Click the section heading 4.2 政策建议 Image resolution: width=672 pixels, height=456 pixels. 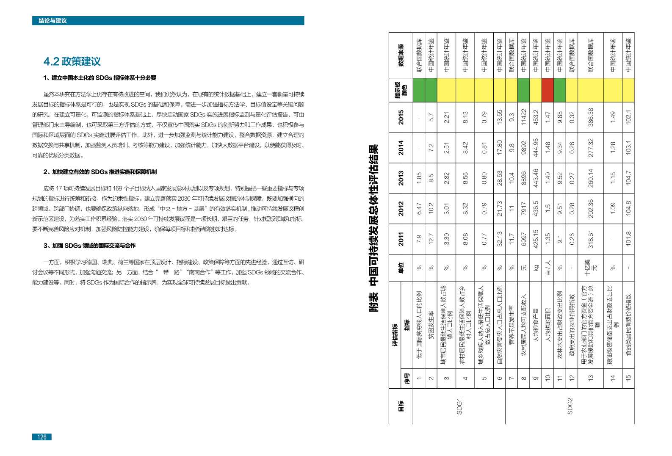click(x=72, y=61)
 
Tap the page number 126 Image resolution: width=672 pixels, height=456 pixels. click(x=41, y=437)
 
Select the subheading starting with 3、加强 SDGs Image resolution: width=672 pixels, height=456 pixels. click(x=89, y=246)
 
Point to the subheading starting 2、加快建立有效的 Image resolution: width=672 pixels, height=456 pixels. click(x=100, y=172)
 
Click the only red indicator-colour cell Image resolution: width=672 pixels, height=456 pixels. click(x=548, y=90)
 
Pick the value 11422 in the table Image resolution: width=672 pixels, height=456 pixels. click(x=523, y=117)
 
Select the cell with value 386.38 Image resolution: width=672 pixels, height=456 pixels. click(x=591, y=117)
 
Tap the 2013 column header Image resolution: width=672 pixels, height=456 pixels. click(x=401, y=178)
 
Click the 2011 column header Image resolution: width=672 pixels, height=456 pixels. click(x=401, y=239)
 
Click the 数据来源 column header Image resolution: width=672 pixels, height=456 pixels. click(x=401, y=55)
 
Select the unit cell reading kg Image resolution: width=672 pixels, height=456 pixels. click(x=535, y=268)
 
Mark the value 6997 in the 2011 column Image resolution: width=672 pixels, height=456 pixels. click(x=523, y=239)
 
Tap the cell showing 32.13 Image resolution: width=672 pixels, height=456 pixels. click(x=499, y=239)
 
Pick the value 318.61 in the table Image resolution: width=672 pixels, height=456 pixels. click(x=591, y=239)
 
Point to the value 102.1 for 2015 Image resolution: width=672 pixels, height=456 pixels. click(x=628, y=117)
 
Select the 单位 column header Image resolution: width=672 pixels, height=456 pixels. click(x=401, y=268)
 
